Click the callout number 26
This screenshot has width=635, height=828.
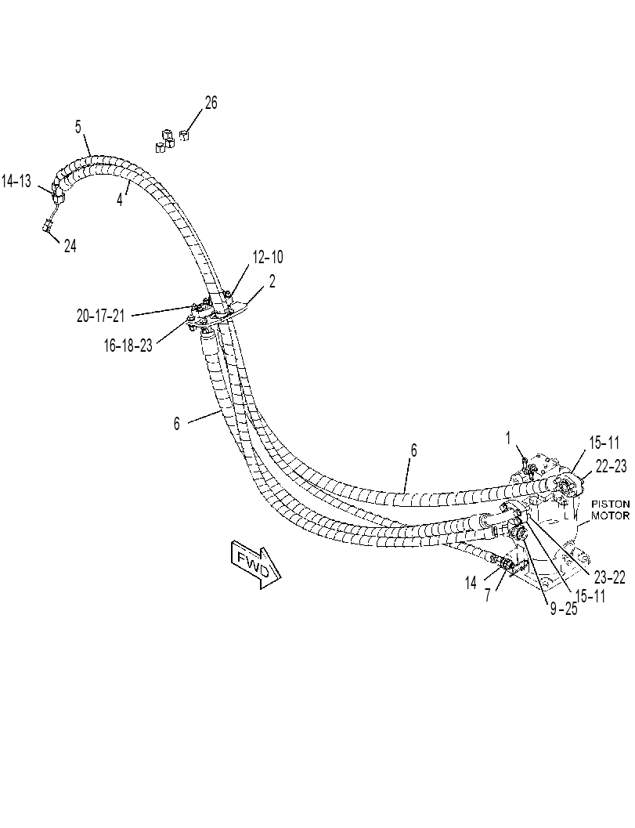tap(211, 103)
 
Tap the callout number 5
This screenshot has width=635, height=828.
tap(78, 127)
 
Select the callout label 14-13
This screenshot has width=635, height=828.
tap(16, 181)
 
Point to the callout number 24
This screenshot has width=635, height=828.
tap(70, 245)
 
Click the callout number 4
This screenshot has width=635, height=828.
tap(120, 200)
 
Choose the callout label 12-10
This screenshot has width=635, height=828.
tap(268, 257)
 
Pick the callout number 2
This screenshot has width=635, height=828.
tap(272, 281)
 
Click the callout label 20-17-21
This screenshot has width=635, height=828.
tap(101, 316)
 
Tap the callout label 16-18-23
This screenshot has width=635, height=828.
tap(128, 345)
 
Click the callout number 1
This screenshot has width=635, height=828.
tap(508, 438)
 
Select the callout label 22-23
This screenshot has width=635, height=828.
tap(612, 466)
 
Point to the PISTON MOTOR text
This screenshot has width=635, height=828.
tap(611, 510)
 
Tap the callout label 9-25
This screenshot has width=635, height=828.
tap(564, 609)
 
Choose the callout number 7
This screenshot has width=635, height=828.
tap(488, 595)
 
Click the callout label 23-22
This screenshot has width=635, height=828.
tap(610, 577)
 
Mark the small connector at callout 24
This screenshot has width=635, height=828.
tap(48, 227)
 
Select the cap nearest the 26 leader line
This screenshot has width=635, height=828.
tap(184, 136)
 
